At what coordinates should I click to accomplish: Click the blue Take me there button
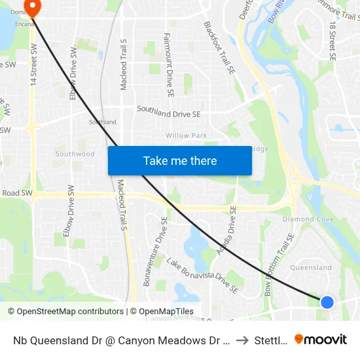[x=179, y=160]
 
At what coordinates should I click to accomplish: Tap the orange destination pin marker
[x=31, y=7]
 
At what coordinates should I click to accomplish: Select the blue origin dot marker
[x=327, y=302]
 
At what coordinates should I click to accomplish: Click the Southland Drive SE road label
[x=168, y=114]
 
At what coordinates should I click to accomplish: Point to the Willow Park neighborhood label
[x=186, y=135]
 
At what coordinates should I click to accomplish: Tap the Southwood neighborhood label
[x=75, y=154]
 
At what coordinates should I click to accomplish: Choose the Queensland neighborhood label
[x=310, y=268]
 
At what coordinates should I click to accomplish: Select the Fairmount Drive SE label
[x=168, y=65]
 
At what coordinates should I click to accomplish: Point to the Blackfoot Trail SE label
[x=219, y=47]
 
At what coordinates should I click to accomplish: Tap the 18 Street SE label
[x=333, y=41]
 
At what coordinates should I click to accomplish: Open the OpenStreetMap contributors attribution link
[x=65, y=312]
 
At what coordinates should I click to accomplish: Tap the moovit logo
[x=321, y=339]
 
